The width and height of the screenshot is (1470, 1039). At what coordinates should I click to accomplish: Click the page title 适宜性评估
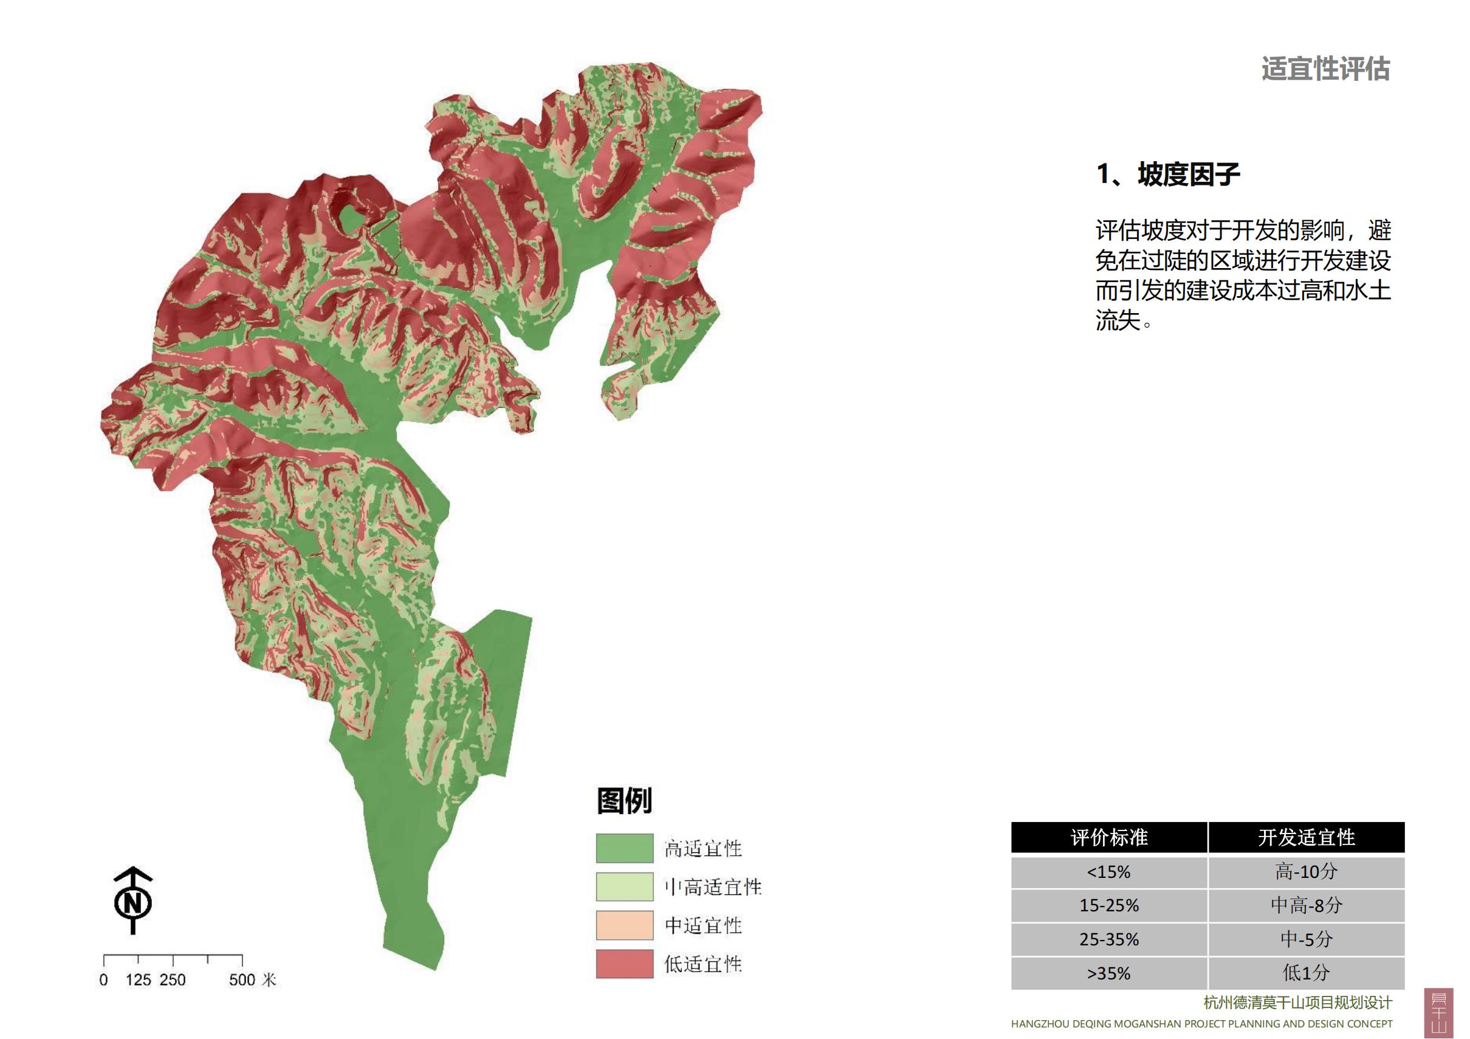(1325, 69)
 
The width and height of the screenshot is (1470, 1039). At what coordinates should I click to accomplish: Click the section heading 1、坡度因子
(1169, 174)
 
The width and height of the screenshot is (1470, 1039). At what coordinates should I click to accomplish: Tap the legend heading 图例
(624, 801)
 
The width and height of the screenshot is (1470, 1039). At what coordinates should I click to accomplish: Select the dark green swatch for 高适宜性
(624, 848)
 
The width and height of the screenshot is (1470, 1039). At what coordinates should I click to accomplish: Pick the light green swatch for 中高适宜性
(624, 886)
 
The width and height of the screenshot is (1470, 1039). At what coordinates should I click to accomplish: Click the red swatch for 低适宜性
(624, 964)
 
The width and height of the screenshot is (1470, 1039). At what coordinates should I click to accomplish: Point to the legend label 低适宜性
(703, 964)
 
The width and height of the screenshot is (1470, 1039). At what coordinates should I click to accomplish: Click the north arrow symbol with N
(133, 902)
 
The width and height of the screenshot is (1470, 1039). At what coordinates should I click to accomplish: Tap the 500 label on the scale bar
(242, 980)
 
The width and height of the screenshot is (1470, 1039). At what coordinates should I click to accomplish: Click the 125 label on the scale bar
(139, 980)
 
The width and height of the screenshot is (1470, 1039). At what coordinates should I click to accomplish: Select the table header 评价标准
(1109, 837)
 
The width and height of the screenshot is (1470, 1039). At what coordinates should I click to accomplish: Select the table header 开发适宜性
(1306, 837)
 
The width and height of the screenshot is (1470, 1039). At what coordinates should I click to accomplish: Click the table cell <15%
(1109, 872)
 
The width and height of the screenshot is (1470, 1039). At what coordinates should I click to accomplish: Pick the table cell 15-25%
(1109, 905)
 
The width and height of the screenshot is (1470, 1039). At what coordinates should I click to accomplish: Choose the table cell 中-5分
(1306, 939)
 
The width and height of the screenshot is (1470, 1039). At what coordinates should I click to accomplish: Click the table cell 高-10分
(1306, 872)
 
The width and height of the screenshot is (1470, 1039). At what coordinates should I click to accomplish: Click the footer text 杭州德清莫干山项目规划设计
(1298, 1003)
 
